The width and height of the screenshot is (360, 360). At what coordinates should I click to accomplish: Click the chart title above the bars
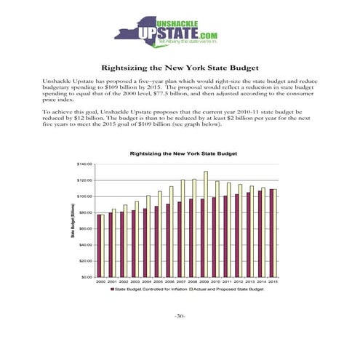pos(183,153)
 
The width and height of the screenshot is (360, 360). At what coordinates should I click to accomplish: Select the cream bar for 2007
pos(183,228)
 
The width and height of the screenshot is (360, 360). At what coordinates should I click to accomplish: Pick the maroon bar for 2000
pos(99,245)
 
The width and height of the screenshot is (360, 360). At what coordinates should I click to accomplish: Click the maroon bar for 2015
pos(272,233)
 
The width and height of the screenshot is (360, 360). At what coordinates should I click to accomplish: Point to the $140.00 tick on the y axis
pos(84,164)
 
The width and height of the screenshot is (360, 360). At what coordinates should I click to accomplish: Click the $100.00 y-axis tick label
pos(84,196)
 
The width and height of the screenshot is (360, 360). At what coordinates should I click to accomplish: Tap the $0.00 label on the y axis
pos(87,276)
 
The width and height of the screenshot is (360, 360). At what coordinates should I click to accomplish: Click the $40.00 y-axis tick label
pos(85,244)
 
